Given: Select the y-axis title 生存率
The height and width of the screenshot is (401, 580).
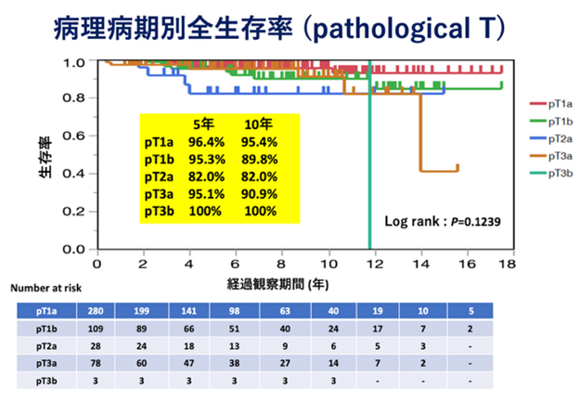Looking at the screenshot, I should [x=44, y=157].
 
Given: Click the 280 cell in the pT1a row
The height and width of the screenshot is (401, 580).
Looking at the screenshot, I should [x=94, y=312].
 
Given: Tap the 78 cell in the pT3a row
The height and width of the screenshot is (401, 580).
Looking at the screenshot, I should [x=94, y=364].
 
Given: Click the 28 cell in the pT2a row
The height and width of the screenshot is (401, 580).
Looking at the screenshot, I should [x=94, y=346].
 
